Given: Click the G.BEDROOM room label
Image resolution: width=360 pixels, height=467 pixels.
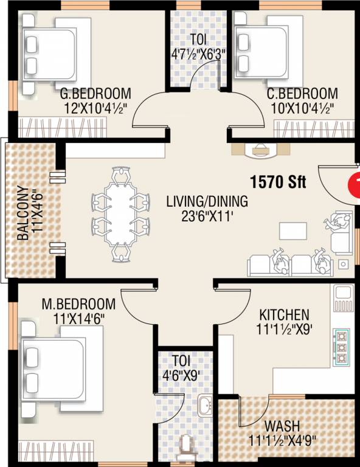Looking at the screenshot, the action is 95,94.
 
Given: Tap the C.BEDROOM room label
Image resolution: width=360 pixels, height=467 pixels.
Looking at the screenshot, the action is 302,94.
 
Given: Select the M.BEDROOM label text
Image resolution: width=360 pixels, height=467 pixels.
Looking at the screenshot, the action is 78,304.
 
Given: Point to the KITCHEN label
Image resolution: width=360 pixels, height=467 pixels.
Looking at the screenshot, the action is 284,315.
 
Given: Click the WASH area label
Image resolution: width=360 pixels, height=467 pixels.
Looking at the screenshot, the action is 282,426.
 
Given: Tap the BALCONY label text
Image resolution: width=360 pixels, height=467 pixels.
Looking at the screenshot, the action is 23,213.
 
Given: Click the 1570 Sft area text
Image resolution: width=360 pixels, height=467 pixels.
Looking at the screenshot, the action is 278,181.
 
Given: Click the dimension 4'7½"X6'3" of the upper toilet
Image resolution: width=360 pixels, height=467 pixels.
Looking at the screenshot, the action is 198,54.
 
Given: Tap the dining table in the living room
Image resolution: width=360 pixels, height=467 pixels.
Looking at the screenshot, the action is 120,215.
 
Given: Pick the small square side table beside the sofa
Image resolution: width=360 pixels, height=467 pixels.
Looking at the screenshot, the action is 344,264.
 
